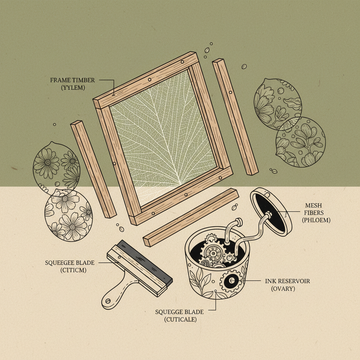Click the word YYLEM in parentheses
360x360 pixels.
pos(73,88)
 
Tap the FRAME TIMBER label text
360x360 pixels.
pos(72,80)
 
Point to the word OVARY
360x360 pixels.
pos(283,289)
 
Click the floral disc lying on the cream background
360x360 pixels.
pos(68,215)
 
